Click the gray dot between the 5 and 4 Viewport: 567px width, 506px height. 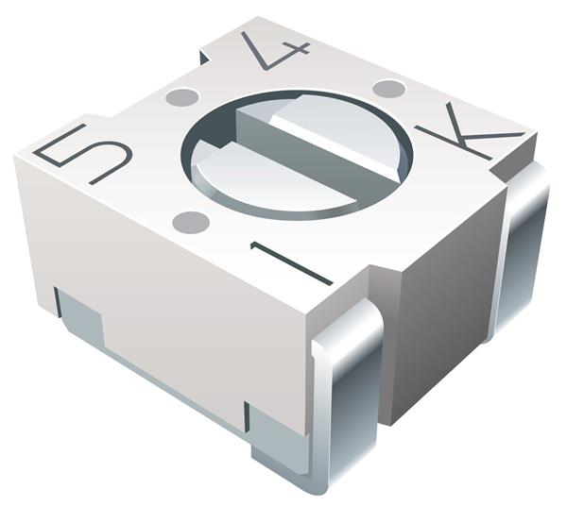coord(182,97)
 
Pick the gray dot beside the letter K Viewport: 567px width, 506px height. coord(388,89)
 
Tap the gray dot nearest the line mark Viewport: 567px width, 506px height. coord(191,222)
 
